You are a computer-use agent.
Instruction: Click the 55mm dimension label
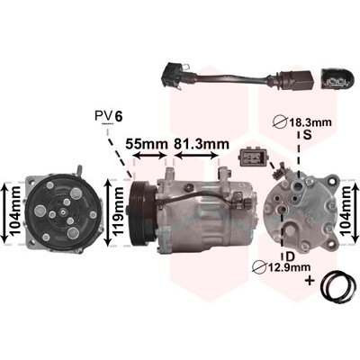coord(147,144)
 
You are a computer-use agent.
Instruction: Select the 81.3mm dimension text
coord(202,144)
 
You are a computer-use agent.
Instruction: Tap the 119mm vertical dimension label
coord(118,211)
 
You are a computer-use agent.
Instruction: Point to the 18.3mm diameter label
coord(310,122)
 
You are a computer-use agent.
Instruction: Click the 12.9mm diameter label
coord(289,266)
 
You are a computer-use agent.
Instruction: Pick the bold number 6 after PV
coord(119,116)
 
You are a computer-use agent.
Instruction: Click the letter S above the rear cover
coord(307,135)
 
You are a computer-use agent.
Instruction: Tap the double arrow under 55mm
coord(149,156)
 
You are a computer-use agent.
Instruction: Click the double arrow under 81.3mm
coord(196,156)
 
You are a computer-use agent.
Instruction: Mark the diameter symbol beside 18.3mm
coord(281,122)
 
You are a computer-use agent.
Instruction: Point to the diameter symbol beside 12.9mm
coord(259,267)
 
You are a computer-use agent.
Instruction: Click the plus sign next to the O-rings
coord(310,281)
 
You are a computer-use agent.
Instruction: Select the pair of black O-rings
coord(336,286)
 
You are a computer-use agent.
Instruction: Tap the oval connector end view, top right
coord(336,79)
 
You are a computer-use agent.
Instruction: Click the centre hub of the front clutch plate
coord(63,212)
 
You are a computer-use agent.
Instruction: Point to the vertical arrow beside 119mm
coord(108,211)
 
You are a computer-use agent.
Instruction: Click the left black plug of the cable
coord(172,74)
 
